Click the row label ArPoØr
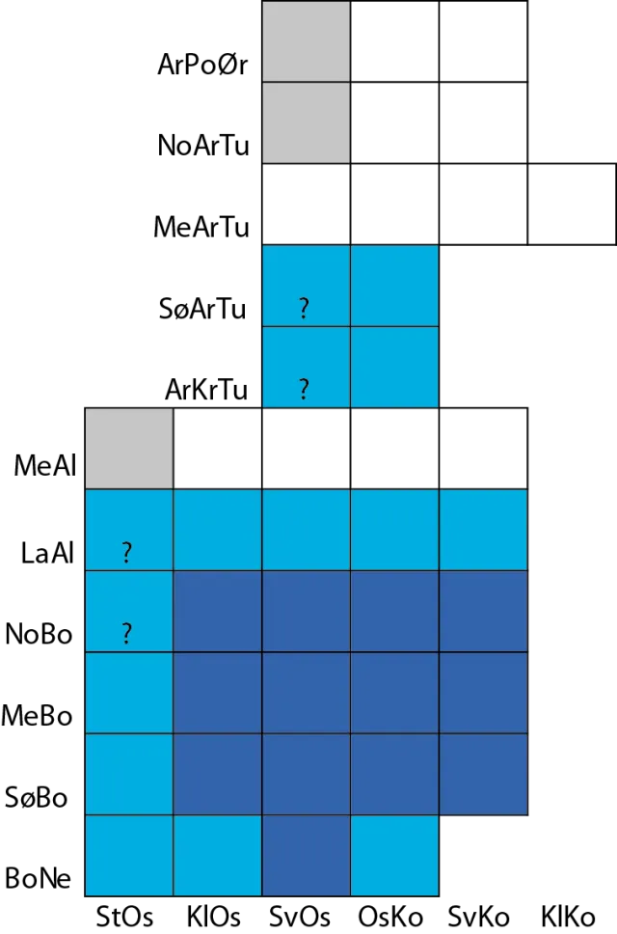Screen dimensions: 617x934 click(202, 65)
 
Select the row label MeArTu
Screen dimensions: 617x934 click(201, 227)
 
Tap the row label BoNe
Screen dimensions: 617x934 click(38, 878)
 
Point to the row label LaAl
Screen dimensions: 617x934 click(47, 553)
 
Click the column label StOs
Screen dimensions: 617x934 click(124, 916)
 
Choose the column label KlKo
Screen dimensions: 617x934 click(568, 916)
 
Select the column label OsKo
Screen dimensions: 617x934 click(390, 916)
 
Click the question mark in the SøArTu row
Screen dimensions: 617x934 click(304, 308)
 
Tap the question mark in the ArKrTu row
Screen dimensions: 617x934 click(304, 389)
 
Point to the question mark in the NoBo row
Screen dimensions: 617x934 click(126, 633)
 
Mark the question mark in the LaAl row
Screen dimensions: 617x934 click(126, 552)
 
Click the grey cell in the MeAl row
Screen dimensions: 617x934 click(129, 449)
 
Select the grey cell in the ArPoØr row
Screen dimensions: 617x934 click(306, 41)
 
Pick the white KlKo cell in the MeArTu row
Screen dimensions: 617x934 click(572, 204)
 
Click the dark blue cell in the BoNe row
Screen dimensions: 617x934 click(306, 856)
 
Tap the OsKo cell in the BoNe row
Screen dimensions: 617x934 click(394, 856)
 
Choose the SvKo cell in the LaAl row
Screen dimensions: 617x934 click(483, 530)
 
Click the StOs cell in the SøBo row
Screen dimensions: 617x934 click(129, 775)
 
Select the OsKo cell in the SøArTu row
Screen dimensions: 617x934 click(394, 286)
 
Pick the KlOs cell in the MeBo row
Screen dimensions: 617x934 click(218, 693)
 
